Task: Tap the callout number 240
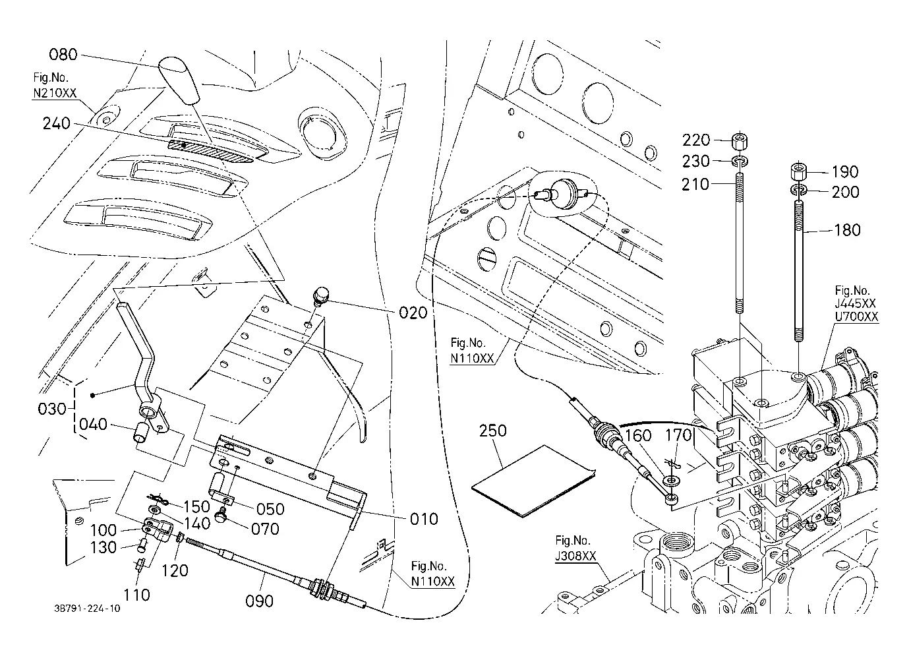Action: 57,123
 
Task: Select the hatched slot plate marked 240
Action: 210,150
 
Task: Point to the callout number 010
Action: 424,519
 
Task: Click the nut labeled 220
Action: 740,141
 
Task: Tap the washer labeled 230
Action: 740,161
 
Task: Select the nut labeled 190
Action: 799,171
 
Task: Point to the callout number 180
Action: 847,230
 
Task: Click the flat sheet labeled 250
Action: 533,481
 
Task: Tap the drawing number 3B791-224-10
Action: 87,609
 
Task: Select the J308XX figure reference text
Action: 575,555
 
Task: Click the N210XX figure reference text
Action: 54,93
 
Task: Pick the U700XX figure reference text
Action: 856,316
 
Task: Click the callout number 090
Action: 259,601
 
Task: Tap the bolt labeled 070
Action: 220,516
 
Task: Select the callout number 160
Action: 638,436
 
